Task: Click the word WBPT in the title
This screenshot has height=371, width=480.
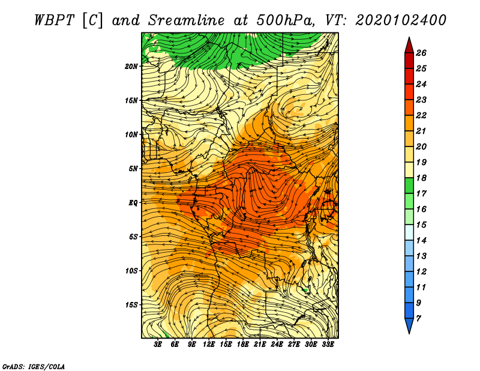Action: tap(54, 20)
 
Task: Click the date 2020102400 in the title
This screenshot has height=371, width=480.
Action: tap(401, 20)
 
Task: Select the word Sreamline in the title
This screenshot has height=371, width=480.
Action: tap(187, 20)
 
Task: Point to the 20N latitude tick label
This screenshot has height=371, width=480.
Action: tap(131, 67)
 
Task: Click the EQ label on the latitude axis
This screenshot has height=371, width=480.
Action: tap(133, 203)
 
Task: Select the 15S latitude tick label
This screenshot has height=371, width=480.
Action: tap(131, 305)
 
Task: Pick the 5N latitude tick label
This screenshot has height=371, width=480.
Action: tap(133, 169)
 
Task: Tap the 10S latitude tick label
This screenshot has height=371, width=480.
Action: tap(131, 271)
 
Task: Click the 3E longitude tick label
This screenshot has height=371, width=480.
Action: tap(158, 345)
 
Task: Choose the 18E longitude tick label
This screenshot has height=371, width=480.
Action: tap(243, 345)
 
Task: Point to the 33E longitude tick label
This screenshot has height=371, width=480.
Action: tap(328, 345)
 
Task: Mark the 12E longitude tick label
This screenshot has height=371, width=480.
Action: tap(209, 345)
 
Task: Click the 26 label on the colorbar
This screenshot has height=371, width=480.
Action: tap(421, 53)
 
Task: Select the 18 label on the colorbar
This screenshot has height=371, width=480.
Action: tap(421, 178)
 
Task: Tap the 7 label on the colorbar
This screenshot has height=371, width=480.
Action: tap(418, 319)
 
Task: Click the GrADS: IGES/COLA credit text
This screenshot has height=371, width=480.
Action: tap(34, 367)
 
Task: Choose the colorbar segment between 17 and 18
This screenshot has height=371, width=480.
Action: tap(409, 185)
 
